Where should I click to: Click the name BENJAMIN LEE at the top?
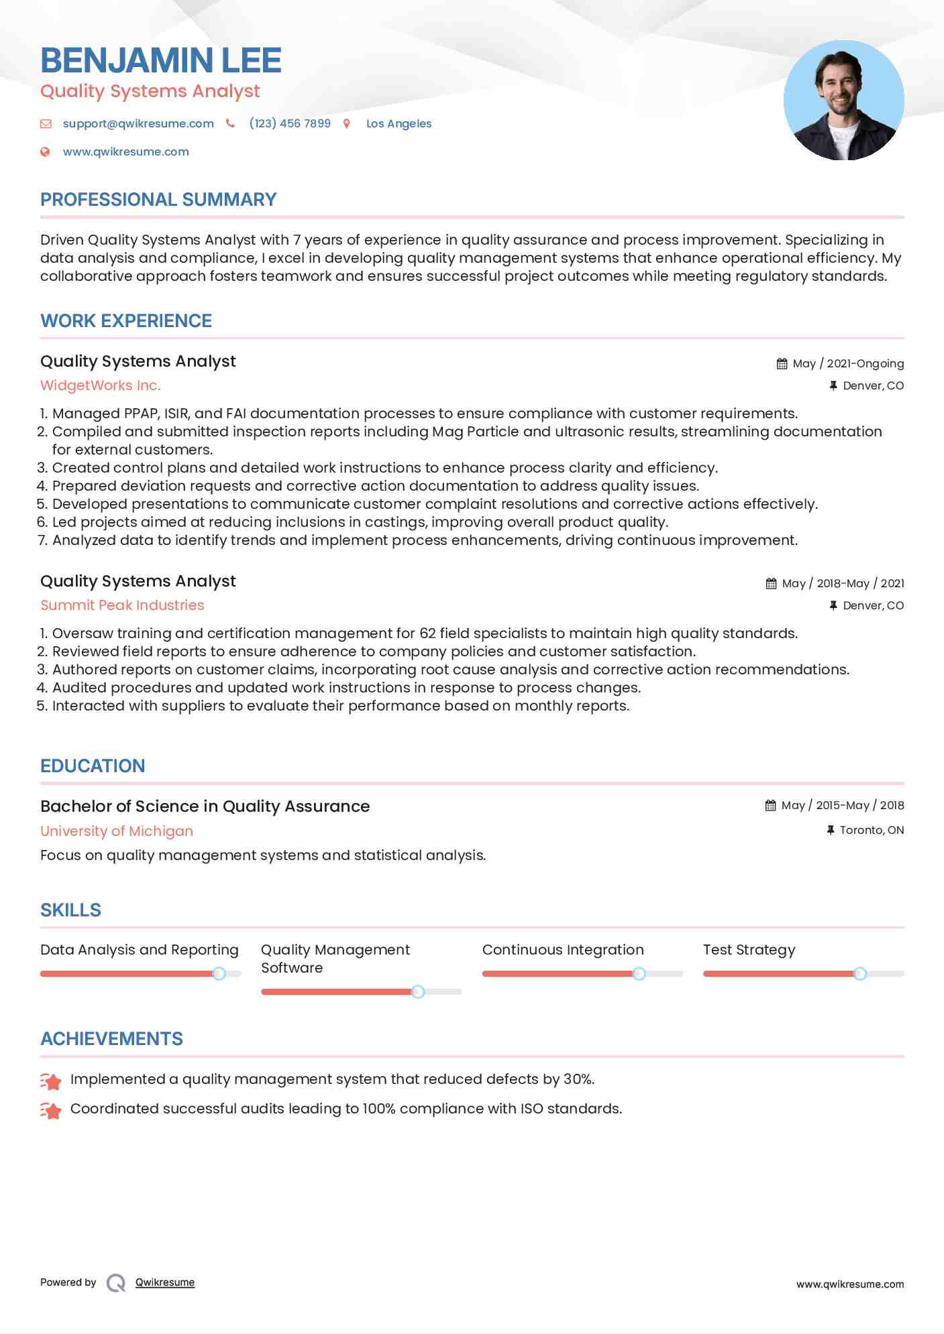point(160,60)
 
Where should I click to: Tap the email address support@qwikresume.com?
point(138,123)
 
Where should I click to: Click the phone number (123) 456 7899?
point(290,123)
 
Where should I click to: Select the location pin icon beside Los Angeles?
point(347,123)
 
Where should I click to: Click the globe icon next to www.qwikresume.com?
point(45,151)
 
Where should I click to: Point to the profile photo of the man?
point(843,101)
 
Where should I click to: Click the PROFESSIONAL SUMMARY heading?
point(158,200)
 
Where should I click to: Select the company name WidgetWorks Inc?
point(100,385)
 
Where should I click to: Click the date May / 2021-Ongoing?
point(848,363)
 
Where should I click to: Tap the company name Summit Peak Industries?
point(122,605)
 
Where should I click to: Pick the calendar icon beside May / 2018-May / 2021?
point(771,583)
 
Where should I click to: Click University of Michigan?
point(117,831)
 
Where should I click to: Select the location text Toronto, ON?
point(872,830)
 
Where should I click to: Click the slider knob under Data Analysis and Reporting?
point(219,973)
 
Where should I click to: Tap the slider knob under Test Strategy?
point(860,973)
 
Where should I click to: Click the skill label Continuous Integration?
point(562,950)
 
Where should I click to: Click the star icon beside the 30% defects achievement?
point(51,1081)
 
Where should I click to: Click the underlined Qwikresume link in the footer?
point(165,1282)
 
